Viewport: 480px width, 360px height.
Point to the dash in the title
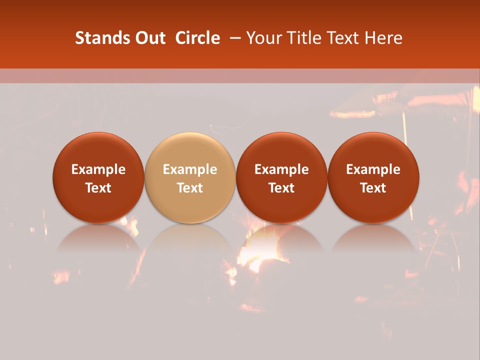point(233,38)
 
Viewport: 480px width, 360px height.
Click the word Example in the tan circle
point(190,169)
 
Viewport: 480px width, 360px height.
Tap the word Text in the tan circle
point(190,188)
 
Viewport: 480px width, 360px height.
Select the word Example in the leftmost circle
point(98,169)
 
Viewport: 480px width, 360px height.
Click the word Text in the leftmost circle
point(98,188)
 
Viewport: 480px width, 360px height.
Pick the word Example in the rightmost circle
point(373,169)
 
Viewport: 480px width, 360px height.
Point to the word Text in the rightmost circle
point(373,188)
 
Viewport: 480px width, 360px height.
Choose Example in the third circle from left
point(281,169)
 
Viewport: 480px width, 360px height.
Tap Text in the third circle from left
point(281,188)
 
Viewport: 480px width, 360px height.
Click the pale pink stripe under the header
point(240,75)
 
